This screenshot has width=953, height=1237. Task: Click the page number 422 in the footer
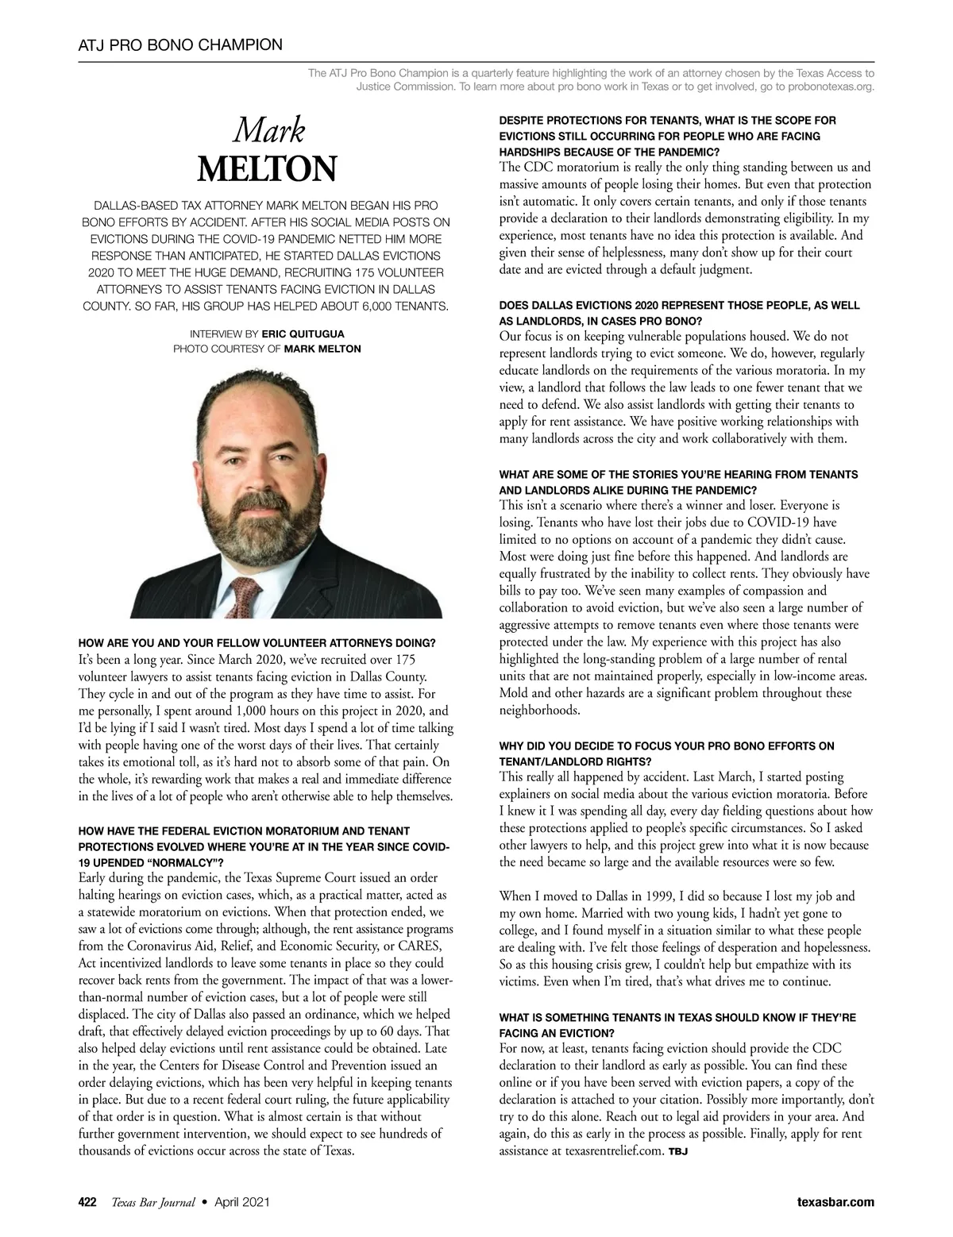(87, 1203)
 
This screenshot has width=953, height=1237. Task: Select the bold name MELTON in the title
(267, 168)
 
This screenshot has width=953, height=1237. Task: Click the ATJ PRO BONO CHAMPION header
(180, 44)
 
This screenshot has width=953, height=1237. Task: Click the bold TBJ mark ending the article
(677, 1151)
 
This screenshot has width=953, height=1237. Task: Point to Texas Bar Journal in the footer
(152, 1203)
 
